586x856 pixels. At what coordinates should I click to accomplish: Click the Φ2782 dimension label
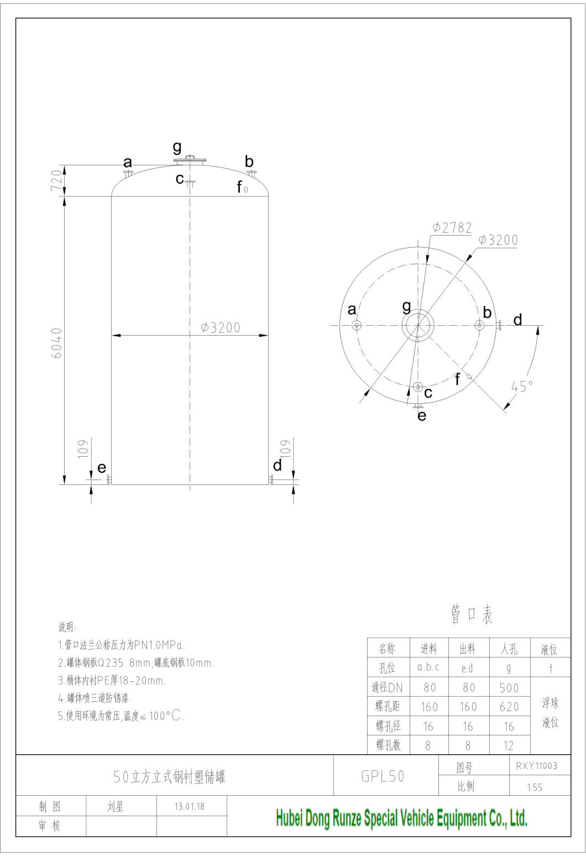coord(452,227)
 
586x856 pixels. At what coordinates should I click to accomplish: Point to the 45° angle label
coord(522,386)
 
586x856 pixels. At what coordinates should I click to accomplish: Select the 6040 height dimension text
coord(57,343)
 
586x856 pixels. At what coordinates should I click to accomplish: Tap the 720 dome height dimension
coord(57,181)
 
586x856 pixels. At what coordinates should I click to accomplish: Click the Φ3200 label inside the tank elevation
coord(221,327)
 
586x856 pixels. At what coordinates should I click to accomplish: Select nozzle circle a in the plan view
coord(357,325)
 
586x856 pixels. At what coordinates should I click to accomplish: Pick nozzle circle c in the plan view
coord(418,387)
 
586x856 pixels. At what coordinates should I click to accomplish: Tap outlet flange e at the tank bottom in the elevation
coord(109,479)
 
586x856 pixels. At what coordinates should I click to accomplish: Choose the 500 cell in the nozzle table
coord(509,687)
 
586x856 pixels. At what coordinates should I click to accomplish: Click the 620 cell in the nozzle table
coord(509,707)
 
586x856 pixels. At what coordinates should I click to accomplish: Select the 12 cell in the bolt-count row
coord(509,745)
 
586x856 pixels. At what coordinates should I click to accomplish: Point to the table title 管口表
coord(471,615)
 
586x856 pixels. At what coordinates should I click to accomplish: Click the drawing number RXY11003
coord(536,766)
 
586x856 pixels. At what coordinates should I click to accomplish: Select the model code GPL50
coord(383,776)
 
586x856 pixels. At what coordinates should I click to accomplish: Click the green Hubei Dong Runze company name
coord(401,818)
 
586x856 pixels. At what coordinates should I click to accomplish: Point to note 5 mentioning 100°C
coord(121,716)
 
